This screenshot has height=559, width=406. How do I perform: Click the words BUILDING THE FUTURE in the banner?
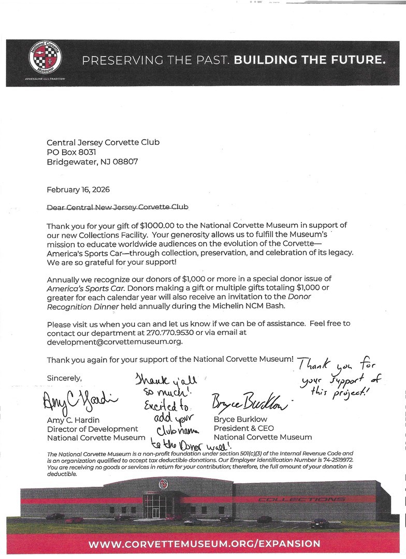click(310, 61)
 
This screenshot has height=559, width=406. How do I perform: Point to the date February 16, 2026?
click(78, 189)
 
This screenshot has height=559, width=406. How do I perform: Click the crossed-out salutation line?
click(118, 207)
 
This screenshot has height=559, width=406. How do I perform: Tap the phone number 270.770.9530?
click(163, 332)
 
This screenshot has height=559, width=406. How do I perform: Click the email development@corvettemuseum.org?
click(115, 342)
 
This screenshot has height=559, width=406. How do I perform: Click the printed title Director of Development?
click(92, 429)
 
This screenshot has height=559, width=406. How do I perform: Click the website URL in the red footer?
click(204, 544)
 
